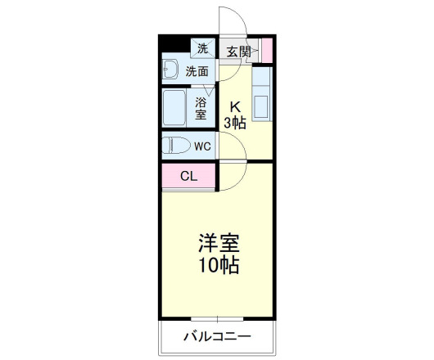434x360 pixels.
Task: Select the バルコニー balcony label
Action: [216, 335]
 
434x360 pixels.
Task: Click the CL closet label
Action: [188, 175]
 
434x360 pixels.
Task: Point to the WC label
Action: [202, 146]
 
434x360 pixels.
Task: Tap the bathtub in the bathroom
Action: [177, 107]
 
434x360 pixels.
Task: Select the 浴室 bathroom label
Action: [201, 108]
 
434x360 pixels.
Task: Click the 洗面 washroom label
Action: [197, 71]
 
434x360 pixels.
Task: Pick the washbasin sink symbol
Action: [171, 70]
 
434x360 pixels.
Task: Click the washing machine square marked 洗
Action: [202, 48]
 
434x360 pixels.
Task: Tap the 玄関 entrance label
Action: [238, 52]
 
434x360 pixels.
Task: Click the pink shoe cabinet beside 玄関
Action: [267, 50]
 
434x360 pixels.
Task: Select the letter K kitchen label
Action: [235, 106]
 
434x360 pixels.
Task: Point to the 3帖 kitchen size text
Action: [235, 123]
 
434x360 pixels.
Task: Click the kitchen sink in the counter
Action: [262, 107]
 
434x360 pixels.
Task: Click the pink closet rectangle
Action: [188, 175]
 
